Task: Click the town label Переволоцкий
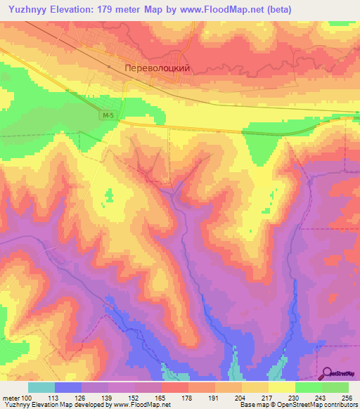(x=157, y=70)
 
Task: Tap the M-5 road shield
(x=107, y=115)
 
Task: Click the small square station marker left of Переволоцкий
(x=110, y=67)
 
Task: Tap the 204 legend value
(x=242, y=397)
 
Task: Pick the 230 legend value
(x=295, y=397)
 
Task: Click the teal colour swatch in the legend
(x=41, y=387)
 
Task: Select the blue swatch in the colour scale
(x=68, y=387)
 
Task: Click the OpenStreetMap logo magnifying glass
(x=327, y=374)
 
